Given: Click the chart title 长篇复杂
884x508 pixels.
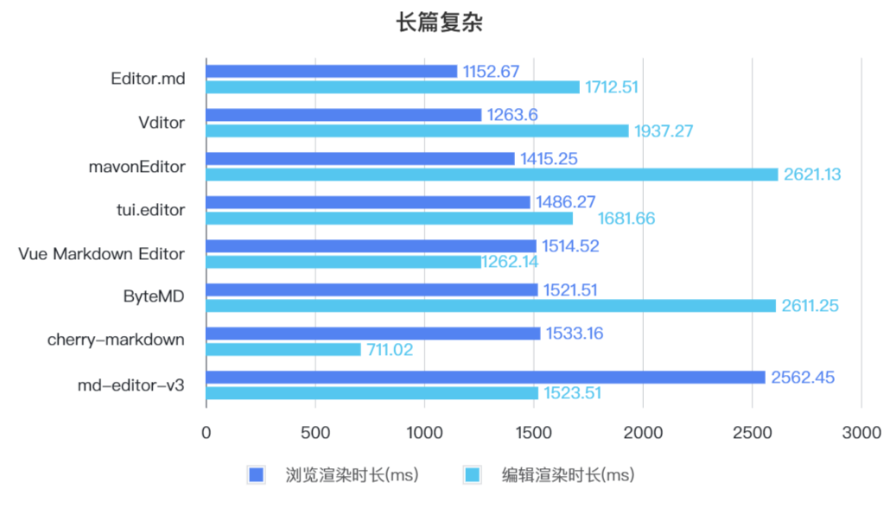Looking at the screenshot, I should (x=439, y=23).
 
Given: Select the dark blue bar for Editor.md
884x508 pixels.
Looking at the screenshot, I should (x=332, y=71).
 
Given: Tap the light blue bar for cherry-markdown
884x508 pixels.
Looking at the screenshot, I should (x=283, y=349).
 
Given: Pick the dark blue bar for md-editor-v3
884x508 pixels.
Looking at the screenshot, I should (x=486, y=377).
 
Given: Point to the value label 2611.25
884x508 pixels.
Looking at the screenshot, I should (x=811, y=306).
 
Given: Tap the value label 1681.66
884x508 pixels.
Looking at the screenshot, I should (x=626, y=219).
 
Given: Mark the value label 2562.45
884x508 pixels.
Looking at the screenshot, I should (x=801, y=377).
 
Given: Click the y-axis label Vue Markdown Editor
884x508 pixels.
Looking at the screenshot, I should (x=101, y=253).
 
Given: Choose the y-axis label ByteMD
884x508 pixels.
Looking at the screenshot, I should (x=153, y=297).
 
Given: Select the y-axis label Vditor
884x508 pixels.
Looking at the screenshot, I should (x=161, y=123).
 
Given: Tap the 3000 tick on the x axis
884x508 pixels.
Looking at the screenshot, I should (x=861, y=432).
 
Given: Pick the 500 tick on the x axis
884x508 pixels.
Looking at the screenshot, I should (x=315, y=432).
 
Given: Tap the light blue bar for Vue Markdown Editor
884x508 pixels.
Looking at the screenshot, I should (x=344, y=262).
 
